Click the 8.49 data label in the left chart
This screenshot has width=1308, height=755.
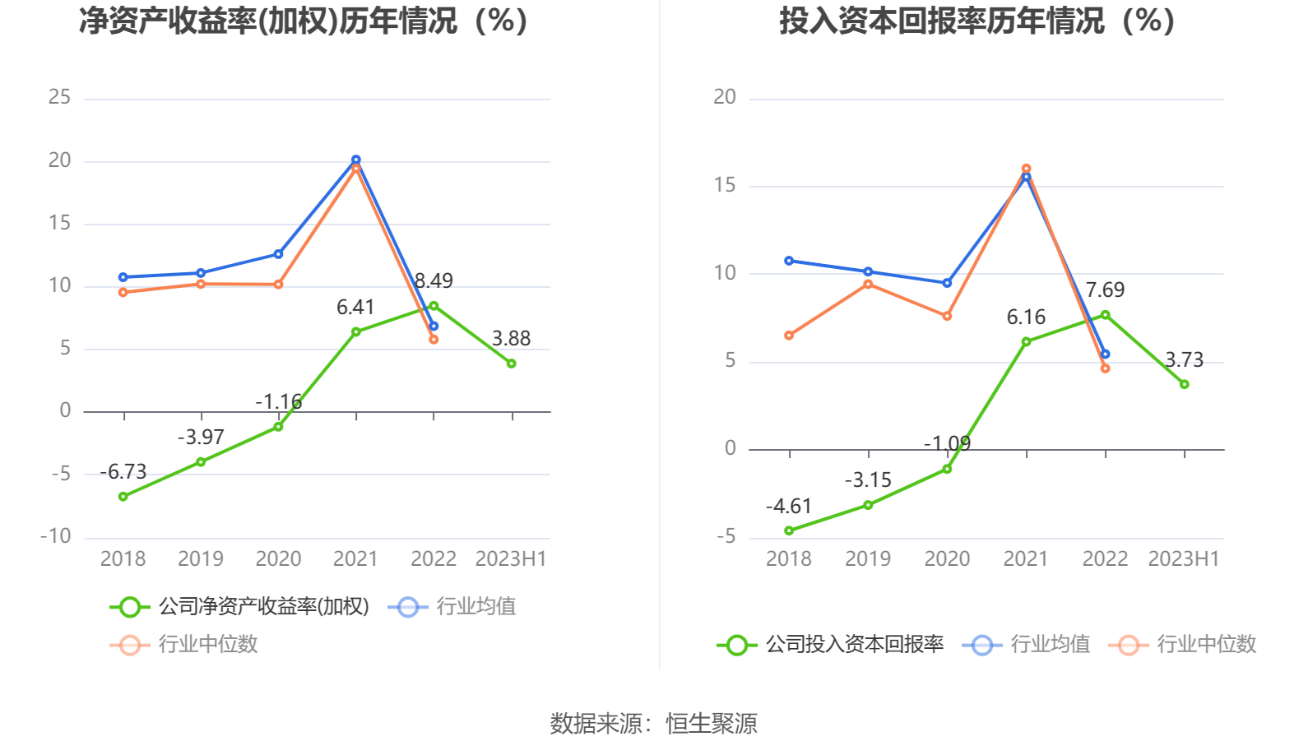coord(434,281)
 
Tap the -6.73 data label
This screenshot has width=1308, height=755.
coord(123,472)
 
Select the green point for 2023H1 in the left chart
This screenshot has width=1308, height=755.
coord(511,364)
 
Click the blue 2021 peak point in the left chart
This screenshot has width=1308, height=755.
coord(355,160)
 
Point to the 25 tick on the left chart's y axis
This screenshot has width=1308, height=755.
coord(59,97)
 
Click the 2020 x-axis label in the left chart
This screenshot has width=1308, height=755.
coord(278,559)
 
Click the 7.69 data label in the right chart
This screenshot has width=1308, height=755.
coord(1105,290)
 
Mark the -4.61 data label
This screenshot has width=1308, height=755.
coord(788,507)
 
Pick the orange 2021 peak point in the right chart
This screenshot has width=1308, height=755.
coord(1026,169)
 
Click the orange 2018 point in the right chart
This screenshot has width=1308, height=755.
coord(789,336)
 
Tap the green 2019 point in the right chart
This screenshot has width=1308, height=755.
coord(868,505)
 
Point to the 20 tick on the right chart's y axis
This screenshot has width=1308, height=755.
coord(724,97)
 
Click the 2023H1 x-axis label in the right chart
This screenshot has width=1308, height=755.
coord(1183,559)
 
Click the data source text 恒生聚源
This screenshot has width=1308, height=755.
coord(711,724)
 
